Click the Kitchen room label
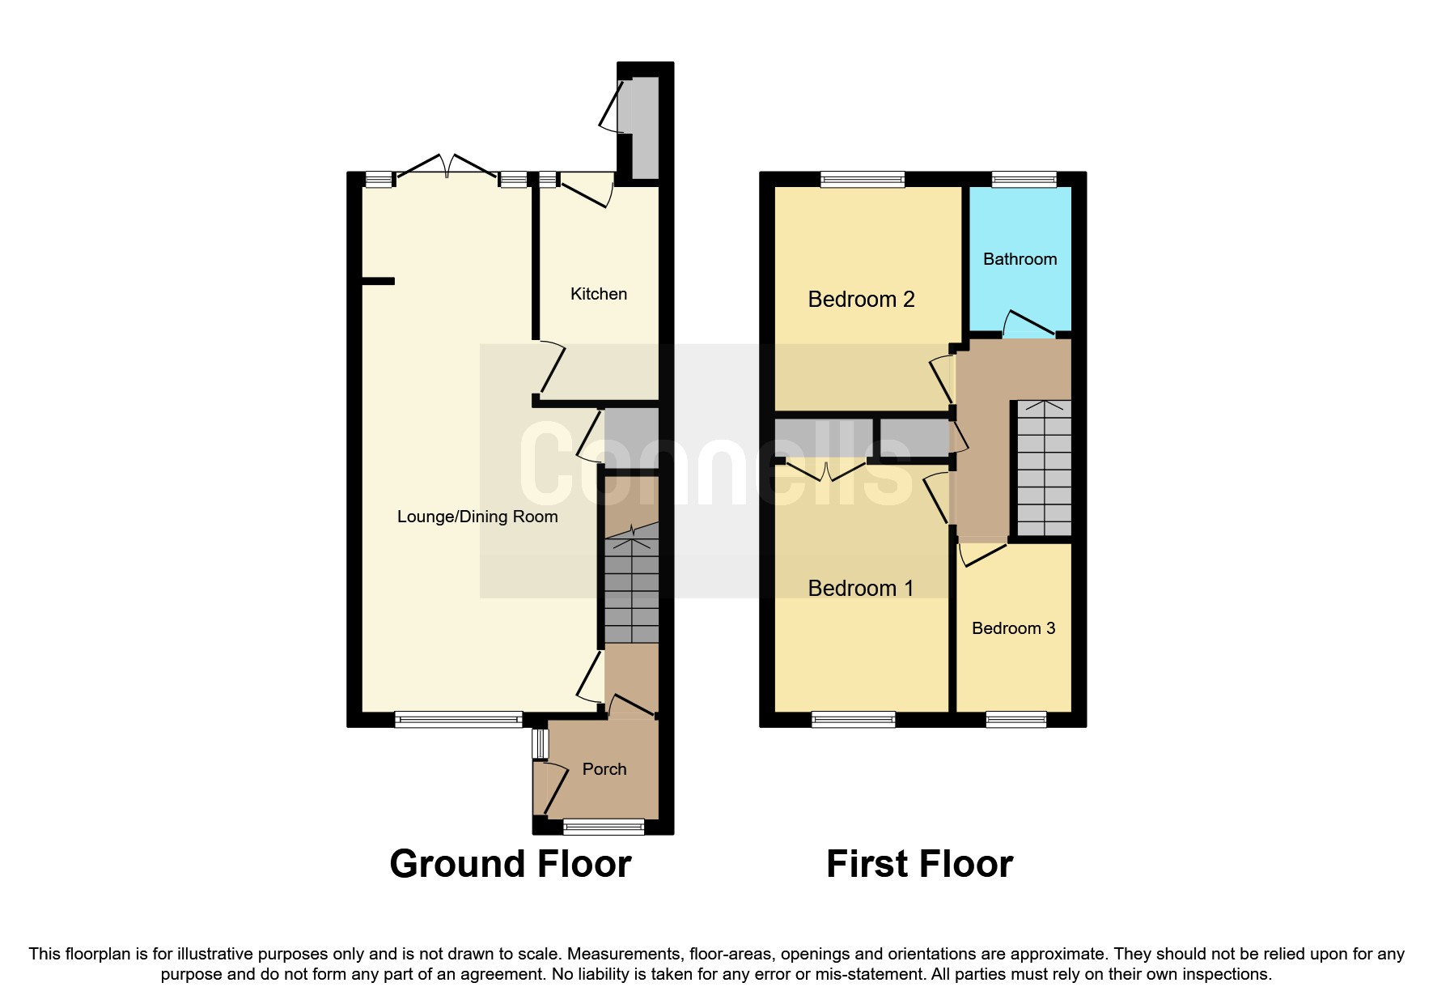click(x=598, y=294)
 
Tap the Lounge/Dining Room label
click(x=477, y=517)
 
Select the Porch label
click(x=604, y=769)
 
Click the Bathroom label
click(x=1020, y=259)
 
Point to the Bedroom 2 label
click(x=861, y=300)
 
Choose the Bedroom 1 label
click(x=861, y=589)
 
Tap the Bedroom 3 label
click(x=1013, y=628)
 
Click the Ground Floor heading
click(x=510, y=864)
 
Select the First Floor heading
click(x=919, y=864)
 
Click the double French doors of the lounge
click(x=447, y=167)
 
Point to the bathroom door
click(x=1028, y=324)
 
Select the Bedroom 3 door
click(x=981, y=554)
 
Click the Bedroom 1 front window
click(x=853, y=719)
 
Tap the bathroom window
click(x=1024, y=180)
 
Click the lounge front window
click(x=458, y=719)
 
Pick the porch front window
click(x=604, y=827)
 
